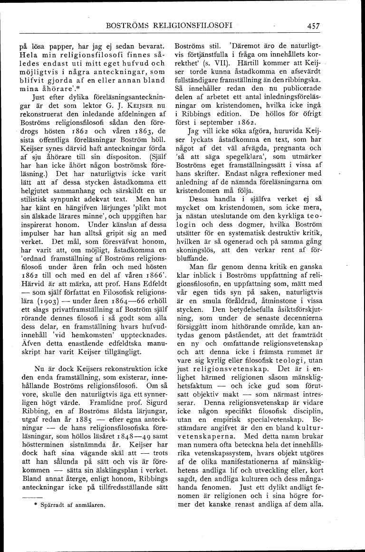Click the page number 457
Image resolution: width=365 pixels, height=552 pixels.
[313, 26]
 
